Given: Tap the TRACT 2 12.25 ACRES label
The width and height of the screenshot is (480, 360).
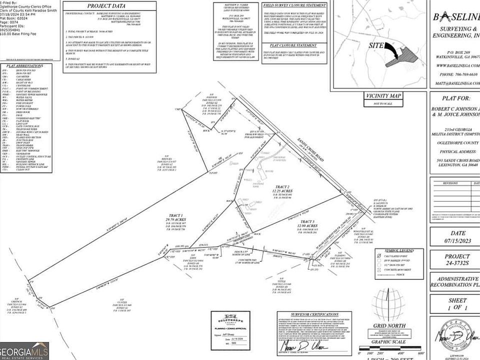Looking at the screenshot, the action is pyautogui.click(x=281, y=190).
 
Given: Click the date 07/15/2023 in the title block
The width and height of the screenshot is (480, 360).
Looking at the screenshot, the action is pyautogui.click(x=454, y=241).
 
